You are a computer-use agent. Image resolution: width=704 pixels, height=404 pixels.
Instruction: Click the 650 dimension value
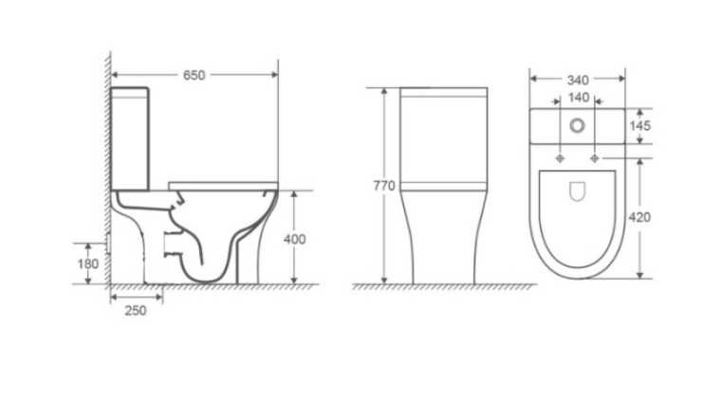194,76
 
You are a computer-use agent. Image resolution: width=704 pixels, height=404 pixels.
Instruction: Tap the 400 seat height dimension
294,239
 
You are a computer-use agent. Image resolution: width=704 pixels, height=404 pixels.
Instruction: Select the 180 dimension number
88,264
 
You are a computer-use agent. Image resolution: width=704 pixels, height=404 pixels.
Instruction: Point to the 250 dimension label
136,311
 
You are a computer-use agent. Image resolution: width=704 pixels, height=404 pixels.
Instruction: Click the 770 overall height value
384,185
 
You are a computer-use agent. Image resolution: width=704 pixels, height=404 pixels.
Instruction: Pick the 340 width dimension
578,81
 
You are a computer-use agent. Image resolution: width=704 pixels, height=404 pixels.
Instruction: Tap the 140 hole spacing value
579,98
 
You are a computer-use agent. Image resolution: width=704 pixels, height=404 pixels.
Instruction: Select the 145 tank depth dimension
639,126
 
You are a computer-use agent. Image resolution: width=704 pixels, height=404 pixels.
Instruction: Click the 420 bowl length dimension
639,217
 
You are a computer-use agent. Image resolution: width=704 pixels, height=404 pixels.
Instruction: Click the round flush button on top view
578,126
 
